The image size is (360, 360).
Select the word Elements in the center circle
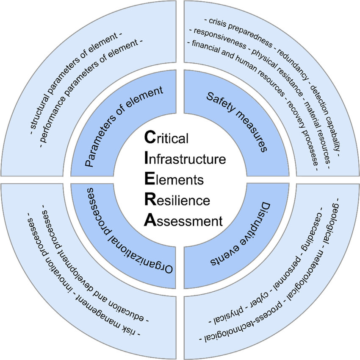[174, 180]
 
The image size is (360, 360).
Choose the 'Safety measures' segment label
[237, 121]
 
